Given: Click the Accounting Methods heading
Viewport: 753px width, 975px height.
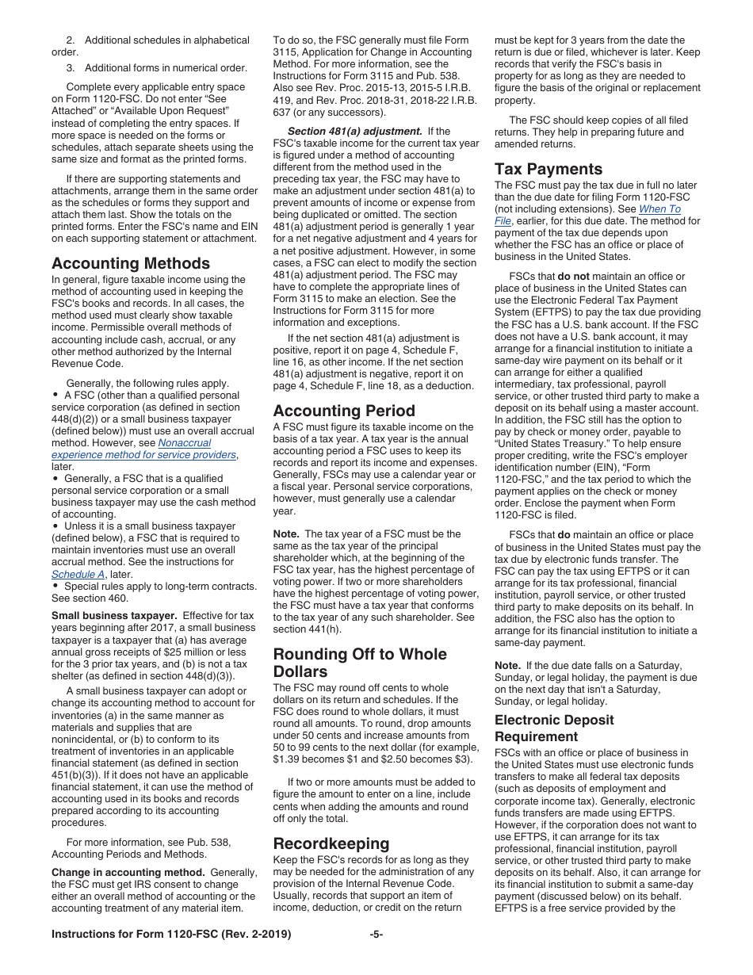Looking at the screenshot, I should coord(131,263).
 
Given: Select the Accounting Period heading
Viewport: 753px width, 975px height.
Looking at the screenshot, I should coord(344,411).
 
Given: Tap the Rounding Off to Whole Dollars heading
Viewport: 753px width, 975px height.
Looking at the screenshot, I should coord(360,663).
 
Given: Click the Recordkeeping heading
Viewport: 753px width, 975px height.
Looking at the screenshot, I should coord(331,843).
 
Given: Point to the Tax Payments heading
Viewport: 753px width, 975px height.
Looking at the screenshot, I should coord(549,169).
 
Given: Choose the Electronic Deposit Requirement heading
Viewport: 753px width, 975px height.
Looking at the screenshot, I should coord(554,728).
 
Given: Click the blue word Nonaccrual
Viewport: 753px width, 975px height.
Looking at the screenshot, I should coord(185,443).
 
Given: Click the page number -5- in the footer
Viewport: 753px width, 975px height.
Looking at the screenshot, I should coord(376,935).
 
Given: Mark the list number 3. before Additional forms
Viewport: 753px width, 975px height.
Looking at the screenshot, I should coord(71,67).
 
